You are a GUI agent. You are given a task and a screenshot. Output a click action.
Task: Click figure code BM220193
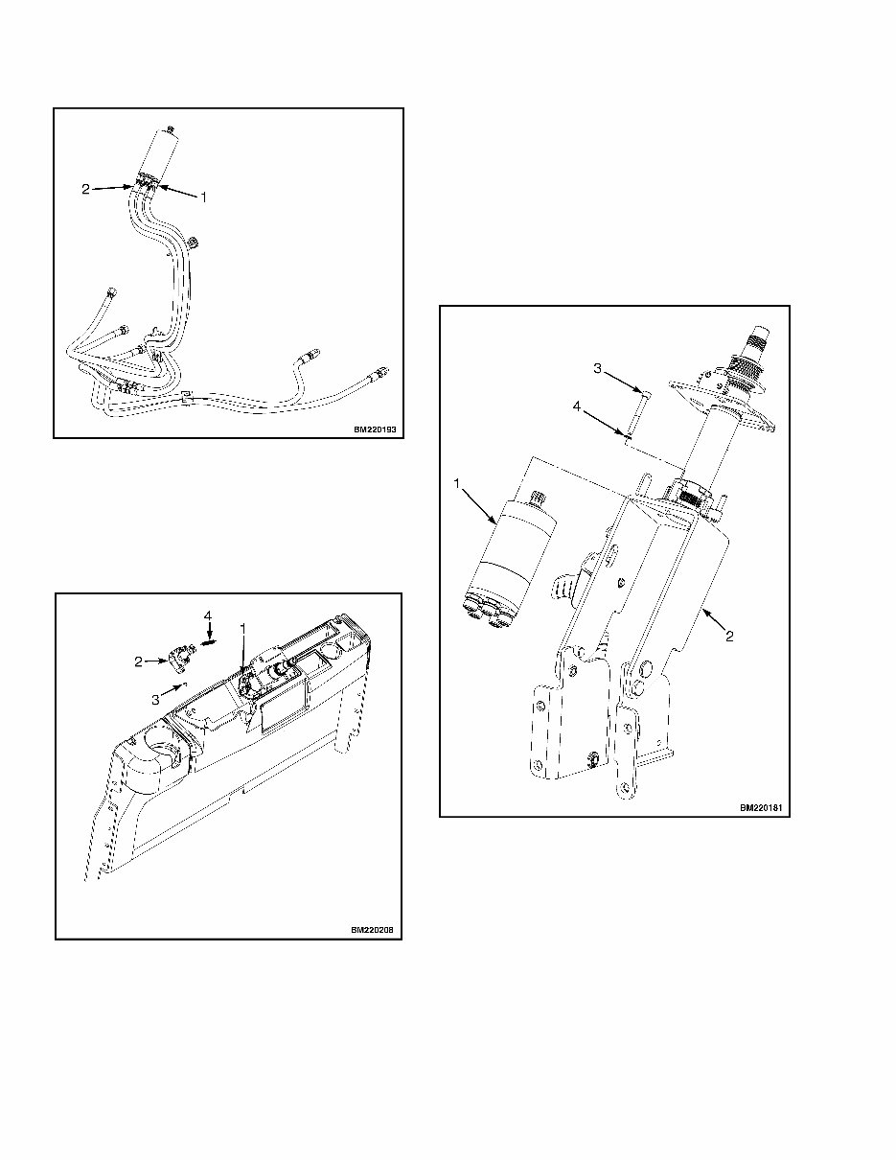[x=374, y=430]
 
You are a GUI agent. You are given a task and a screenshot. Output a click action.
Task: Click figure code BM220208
[x=372, y=930]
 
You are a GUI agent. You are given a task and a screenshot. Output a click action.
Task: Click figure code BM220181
[x=761, y=808]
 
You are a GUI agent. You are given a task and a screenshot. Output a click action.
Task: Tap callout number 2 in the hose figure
[x=85, y=190]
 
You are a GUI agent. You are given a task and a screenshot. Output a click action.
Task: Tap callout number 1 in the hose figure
[x=203, y=197]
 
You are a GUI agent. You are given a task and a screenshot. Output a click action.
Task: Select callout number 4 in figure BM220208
[x=206, y=614]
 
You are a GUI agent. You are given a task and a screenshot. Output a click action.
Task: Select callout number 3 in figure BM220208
[x=155, y=700]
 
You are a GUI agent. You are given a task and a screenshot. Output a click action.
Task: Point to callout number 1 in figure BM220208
[x=243, y=629]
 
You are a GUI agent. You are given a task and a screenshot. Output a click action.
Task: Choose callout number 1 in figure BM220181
[x=458, y=484]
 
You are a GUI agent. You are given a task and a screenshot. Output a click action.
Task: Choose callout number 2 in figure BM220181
[x=729, y=637]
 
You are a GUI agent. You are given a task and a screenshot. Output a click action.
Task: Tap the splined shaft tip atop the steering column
[x=758, y=335]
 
